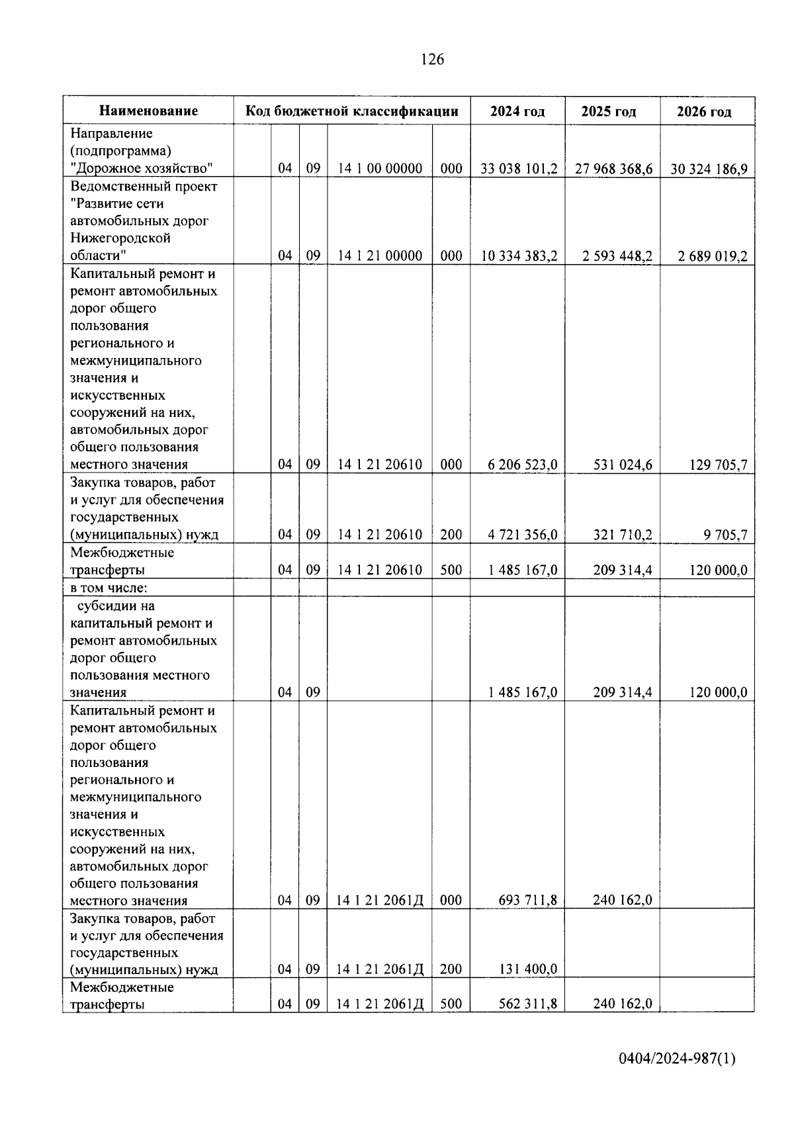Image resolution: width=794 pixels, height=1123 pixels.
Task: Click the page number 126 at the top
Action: (432, 60)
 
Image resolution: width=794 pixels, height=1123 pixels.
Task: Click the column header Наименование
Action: (149, 111)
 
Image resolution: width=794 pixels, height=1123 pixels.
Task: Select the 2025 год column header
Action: (609, 111)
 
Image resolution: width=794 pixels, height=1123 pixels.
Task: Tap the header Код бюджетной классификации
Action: (352, 111)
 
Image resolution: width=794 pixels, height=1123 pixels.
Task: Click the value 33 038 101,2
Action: (519, 169)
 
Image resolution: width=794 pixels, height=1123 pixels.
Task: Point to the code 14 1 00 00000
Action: (380, 169)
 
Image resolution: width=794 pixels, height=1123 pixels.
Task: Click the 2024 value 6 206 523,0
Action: (523, 465)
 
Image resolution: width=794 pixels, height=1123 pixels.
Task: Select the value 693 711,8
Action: (527, 900)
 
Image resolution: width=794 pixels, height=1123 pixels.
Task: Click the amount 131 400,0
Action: (527, 969)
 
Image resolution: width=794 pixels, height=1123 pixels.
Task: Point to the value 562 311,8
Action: (527, 1004)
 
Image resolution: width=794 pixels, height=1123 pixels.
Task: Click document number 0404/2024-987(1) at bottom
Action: (677, 1058)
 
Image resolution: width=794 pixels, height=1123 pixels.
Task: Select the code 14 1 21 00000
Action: (380, 256)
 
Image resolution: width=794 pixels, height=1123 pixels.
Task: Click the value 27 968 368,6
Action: (613, 169)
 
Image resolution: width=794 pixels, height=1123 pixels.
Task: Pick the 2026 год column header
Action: (704, 111)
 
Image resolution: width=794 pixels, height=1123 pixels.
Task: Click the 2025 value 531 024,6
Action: (623, 465)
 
